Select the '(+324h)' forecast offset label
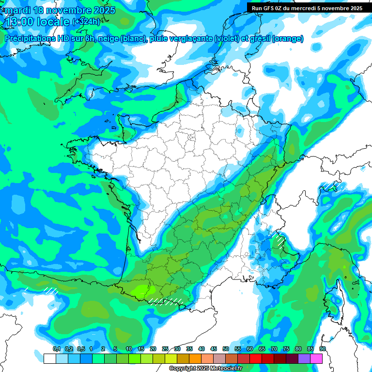tap(86, 22)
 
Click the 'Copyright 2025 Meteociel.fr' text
tap(205, 368)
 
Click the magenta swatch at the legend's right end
tap(316, 358)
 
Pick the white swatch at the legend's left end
tap(49, 358)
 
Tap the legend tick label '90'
tap(322, 349)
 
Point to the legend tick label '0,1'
tap(56, 349)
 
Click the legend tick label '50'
tap(226, 349)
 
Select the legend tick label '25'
tap(165, 349)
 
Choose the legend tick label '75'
tap(286, 349)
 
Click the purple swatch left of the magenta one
tap(304, 358)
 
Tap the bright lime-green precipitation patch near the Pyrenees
tap(141, 291)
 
